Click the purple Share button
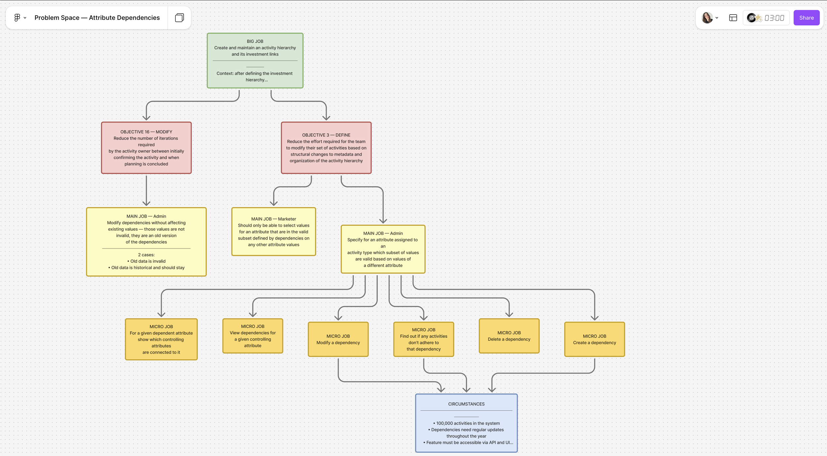(x=806, y=18)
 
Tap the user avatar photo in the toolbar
(x=707, y=18)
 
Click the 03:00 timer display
(x=774, y=18)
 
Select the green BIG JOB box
(x=255, y=61)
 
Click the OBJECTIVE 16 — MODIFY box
(x=146, y=148)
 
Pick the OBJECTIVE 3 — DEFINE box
(x=326, y=148)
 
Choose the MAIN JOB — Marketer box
(x=274, y=232)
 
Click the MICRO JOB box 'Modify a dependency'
(x=338, y=339)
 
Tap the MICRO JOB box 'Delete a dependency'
(x=509, y=336)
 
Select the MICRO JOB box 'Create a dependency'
(x=594, y=339)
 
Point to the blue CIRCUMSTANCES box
(x=466, y=423)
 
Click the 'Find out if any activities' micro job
(x=423, y=339)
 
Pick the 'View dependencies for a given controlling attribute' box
(x=253, y=336)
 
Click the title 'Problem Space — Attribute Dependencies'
(x=97, y=18)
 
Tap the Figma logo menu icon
(x=17, y=18)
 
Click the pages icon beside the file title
(x=179, y=18)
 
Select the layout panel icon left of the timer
(x=733, y=18)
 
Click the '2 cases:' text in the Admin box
(x=146, y=255)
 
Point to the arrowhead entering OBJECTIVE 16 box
(x=146, y=117)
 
